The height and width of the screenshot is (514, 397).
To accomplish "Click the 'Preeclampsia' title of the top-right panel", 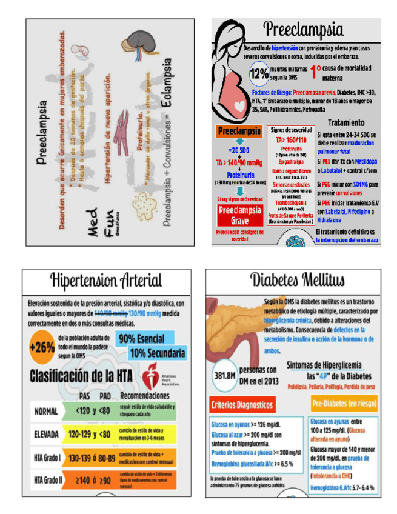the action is (303, 29).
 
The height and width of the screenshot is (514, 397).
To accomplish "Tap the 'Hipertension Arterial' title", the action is (107, 280).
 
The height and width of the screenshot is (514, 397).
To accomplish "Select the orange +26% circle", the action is (41, 348).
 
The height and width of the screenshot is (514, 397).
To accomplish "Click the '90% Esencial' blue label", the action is (143, 339).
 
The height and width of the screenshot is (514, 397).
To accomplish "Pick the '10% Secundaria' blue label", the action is (158, 353).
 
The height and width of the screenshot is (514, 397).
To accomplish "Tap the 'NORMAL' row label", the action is (46, 411).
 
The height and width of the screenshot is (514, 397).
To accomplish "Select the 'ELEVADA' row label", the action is (47, 434).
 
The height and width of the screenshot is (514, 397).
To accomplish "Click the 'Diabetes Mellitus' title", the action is (297, 279).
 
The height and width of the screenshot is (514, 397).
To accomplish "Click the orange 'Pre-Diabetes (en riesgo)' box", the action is (343, 402).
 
